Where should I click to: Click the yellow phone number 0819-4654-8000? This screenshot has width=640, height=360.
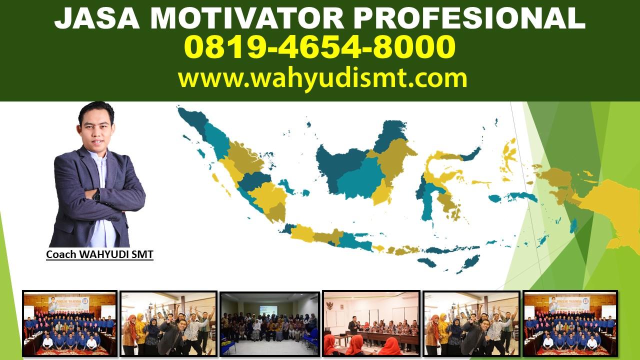coord(319,46)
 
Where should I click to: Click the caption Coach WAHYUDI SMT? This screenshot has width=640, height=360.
coord(99,254)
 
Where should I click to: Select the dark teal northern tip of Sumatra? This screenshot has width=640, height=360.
coord(192,120)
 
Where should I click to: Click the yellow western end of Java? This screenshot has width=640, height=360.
coord(303,233)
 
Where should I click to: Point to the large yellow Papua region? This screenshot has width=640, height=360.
coord(614,211)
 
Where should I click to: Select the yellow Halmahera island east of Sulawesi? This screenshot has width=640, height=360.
coord(510,155)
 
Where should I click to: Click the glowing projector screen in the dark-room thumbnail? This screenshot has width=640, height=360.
coord(268,310)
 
